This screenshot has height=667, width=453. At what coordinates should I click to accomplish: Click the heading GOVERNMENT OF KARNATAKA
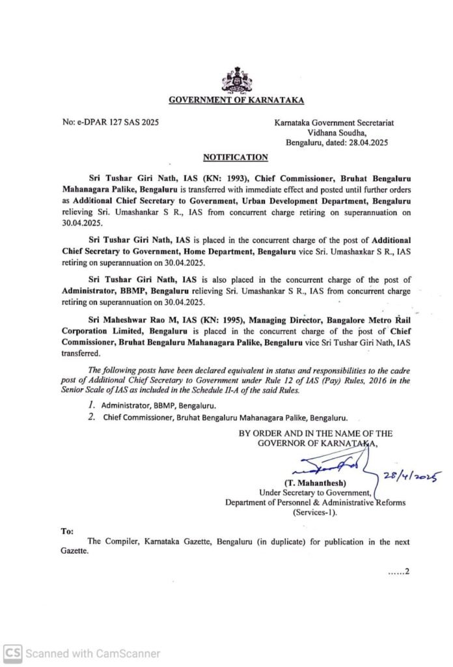pos(236,100)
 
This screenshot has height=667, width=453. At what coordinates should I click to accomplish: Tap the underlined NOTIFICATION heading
pos(236,157)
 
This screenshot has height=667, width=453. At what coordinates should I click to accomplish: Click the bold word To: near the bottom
pos(68,532)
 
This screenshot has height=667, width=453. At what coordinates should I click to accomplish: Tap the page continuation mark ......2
pos(397,573)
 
